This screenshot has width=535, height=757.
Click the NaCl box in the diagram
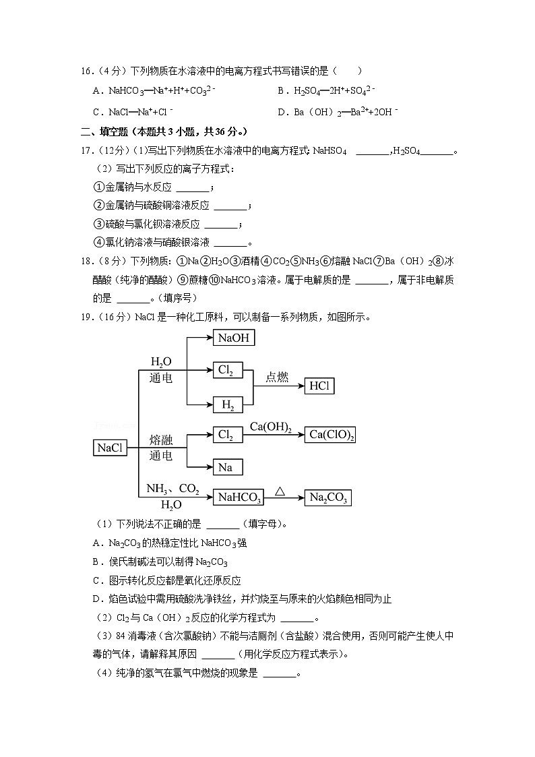(111, 447)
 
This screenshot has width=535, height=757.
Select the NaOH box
(234, 337)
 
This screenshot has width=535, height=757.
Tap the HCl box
(319, 386)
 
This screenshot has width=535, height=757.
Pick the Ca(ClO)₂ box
(330, 435)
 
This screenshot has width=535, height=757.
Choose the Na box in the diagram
(227, 466)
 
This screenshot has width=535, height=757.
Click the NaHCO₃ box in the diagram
(239, 497)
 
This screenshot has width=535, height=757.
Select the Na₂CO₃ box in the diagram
(328, 497)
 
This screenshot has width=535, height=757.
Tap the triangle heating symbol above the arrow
(280, 491)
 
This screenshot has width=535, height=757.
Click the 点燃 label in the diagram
(277, 377)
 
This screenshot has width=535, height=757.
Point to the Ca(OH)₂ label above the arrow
(271, 427)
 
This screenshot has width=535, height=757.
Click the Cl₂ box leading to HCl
(228, 369)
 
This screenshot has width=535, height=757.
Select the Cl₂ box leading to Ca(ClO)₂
(228, 435)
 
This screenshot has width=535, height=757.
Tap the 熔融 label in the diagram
(161, 440)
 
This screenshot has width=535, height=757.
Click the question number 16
(86, 71)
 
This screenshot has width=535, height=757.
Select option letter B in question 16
(281, 90)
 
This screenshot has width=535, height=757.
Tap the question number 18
(86, 260)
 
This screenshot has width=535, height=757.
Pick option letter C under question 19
(96, 580)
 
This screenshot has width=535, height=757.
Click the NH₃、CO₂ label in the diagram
(173, 489)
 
